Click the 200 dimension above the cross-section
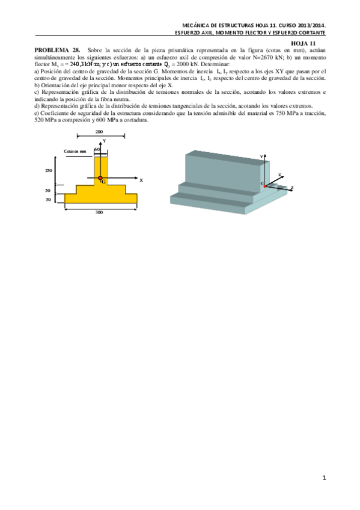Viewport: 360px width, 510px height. point(99,131)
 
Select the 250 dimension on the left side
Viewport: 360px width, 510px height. point(49,171)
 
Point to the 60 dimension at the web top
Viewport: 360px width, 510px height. point(97,150)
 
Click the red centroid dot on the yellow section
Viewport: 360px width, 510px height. point(100,178)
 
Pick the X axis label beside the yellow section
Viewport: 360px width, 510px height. point(141,180)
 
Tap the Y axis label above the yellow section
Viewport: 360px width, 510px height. point(105,141)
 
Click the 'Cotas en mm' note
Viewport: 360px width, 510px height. point(75,152)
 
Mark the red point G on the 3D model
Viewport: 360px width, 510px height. point(265,186)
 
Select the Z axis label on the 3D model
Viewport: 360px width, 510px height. point(291,188)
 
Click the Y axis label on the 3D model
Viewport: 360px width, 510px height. point(261,156)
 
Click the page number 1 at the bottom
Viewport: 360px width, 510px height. point(324,478)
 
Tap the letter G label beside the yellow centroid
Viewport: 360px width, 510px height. point(104,181)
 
